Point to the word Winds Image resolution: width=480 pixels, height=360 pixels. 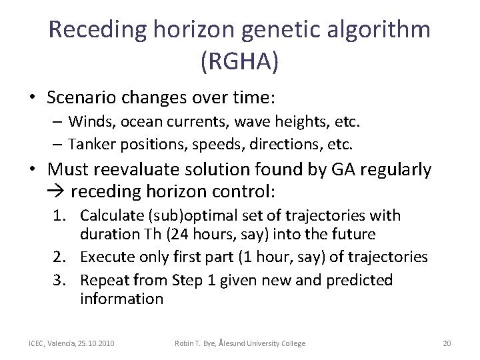[x=91, y=122]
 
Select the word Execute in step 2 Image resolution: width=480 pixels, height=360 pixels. [x=108, y=257]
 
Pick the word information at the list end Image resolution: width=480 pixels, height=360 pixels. [x=121, y=299]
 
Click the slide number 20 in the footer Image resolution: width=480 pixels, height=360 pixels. [x=447, y=343]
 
